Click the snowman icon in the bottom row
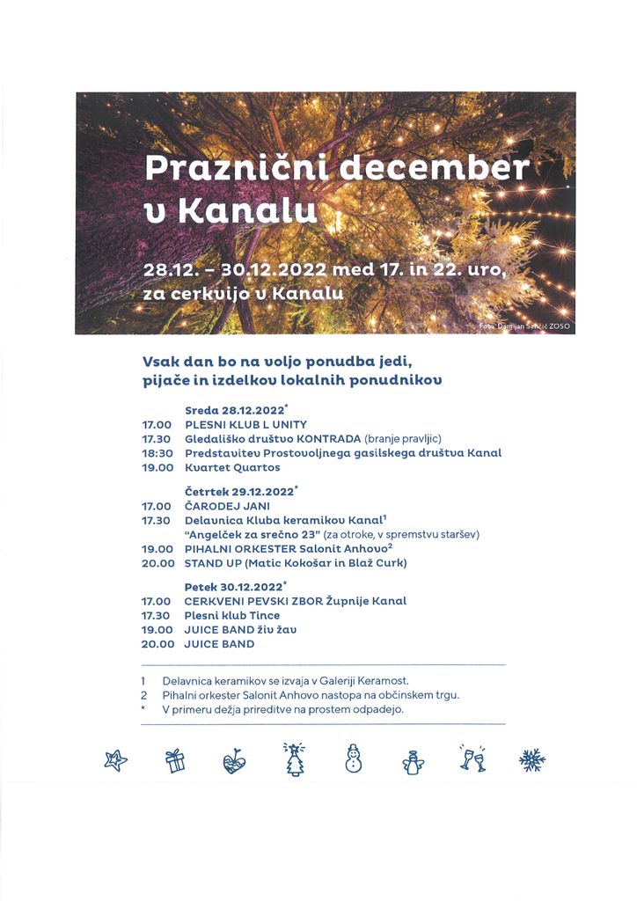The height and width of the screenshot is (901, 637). pyautogui.click(x=354, y=759)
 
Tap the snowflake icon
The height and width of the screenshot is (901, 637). pyautogui.click(x=532, y=759)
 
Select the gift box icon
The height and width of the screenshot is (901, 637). pyautogui.click(x=175, y=760)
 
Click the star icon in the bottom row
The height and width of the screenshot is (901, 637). pyautogui.click(x=115, y=760)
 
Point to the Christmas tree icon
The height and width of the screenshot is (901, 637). pyautogui.click(x=294, y=759)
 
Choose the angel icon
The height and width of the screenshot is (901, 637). pyautogui.click(x=413, y=761)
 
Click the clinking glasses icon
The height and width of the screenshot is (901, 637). pyautogui.click(x=472, y=758)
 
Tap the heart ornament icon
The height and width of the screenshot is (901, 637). pyautogui.click(x=234, y=761)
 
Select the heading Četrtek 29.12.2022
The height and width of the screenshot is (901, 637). pyautogui.click(x=240, y=491)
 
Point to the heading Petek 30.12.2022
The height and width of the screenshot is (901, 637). pyautogui.click(x=234, y=586)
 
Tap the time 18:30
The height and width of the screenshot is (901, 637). pyautogui.click(x=157, y=453)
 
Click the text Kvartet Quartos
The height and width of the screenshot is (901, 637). pyautogui.click(x=232, y=467)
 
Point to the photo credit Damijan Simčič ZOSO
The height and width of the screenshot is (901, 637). pyautogui.click(x=524, y=326)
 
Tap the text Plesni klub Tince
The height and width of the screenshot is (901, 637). pyautogui.click(x=232, y=615)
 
